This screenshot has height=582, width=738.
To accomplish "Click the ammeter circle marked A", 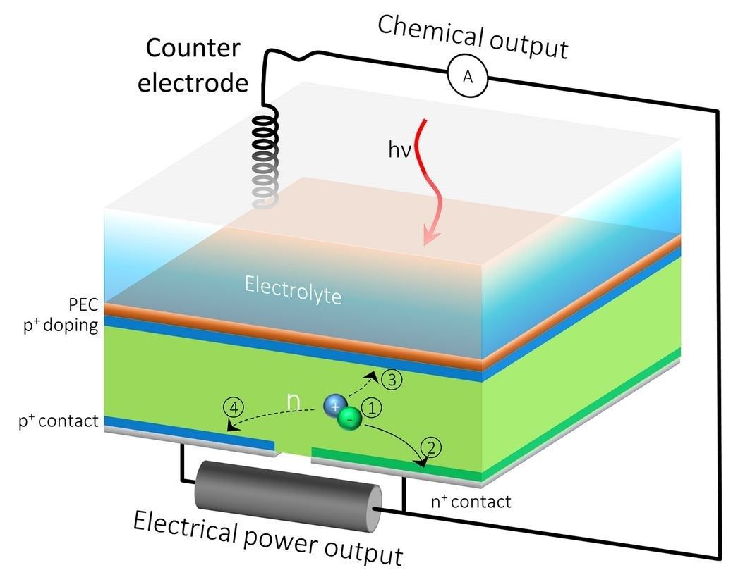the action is tap(468, 75).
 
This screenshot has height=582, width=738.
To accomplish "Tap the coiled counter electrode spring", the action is tap(265, 158).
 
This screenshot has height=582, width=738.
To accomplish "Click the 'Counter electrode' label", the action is tap(193, 66).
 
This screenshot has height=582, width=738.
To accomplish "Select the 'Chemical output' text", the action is tap(473, 37).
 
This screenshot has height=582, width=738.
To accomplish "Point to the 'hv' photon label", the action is tap(399, 150).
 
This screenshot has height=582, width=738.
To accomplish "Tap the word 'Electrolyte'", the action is tap(293, 290).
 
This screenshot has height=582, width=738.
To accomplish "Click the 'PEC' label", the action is tap(83, 304).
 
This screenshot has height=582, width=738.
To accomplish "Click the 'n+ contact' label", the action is tap(471, 502).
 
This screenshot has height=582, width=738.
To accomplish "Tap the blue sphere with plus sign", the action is tap(335, 406).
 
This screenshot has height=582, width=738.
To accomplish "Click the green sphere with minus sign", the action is tap(350, 417).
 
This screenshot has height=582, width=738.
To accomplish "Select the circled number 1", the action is tap(371, 408).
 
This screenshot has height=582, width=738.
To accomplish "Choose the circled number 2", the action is tap(431, 447).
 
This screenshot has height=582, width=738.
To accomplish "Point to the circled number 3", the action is tap(392, 379).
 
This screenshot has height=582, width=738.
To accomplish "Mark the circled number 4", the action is tap(234, 407).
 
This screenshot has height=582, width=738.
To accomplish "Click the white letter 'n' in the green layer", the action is tap(294, 402).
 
